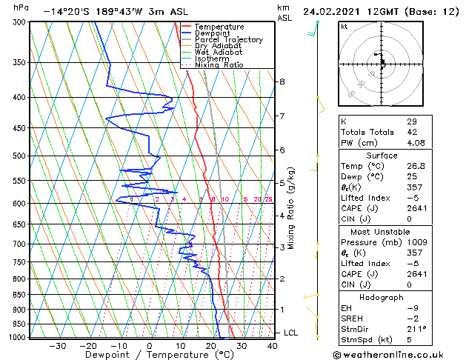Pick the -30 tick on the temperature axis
pyautogui.click(x=57, y=345)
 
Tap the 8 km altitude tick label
pyautogui.click(x=282, y=81)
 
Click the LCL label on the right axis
pyautogui.click(x=290, y=333)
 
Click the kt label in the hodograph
pyautogui.click(x=344, y=27)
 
